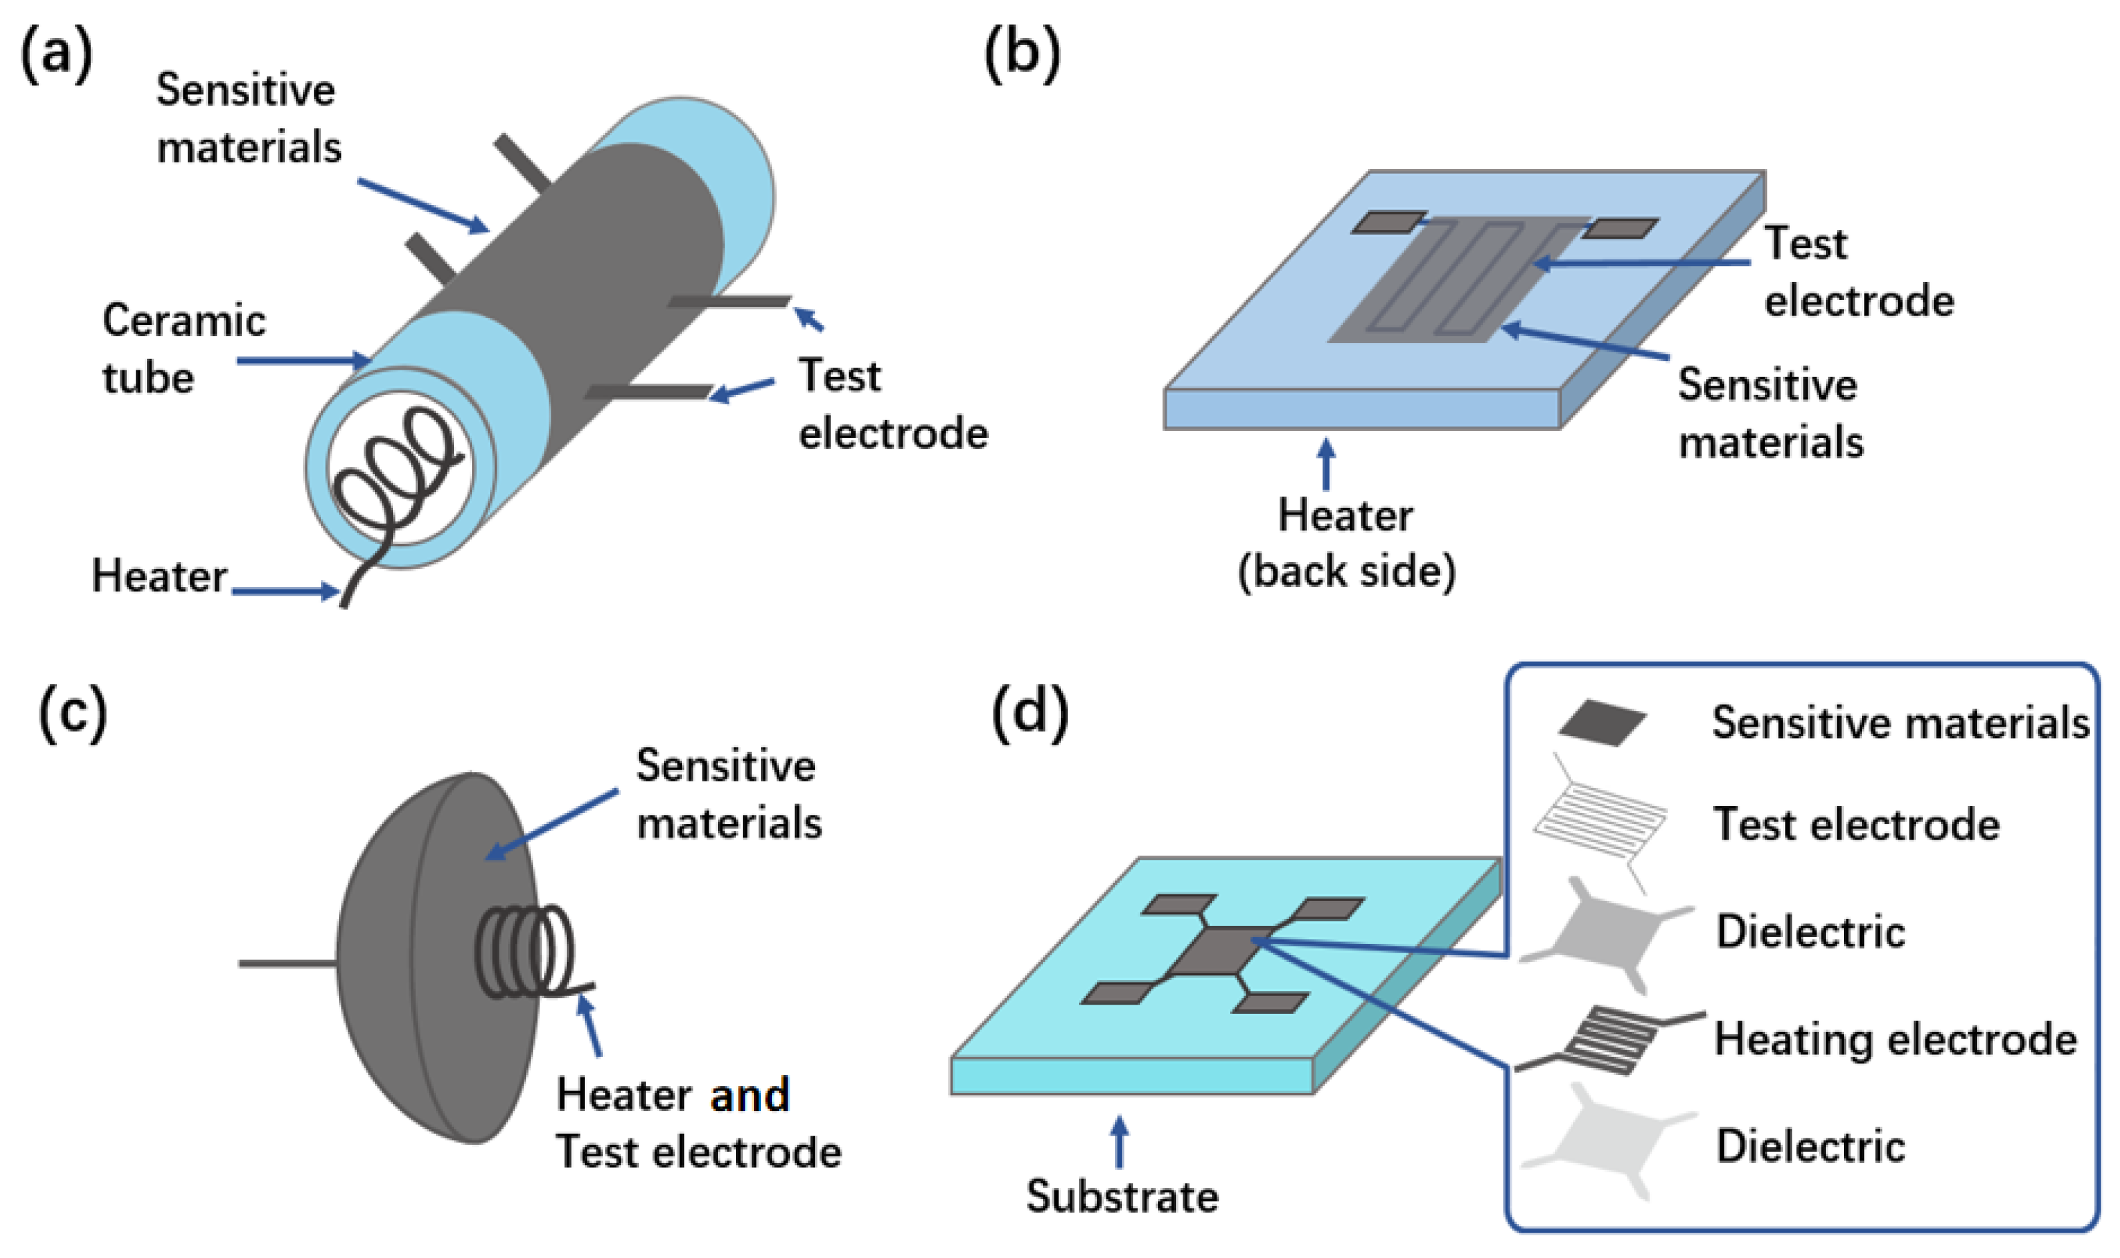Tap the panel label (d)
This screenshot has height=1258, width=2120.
[x=1029, y=715]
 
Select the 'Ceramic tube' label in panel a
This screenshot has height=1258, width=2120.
[x=183, y=349]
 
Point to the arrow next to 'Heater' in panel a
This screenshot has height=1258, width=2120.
[x=285, y=591]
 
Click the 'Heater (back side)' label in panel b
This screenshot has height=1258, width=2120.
[x=1346, y=543]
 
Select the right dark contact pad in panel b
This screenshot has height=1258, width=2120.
[x=1619, y=228]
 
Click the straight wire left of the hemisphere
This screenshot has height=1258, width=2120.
[x=287, y=963]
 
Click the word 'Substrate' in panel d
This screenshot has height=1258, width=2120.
[x=1121, y=1196]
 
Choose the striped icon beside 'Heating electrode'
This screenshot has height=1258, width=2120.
[x=1607, y=1039]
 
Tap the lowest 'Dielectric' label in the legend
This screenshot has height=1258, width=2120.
[x=1810, y=1146]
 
